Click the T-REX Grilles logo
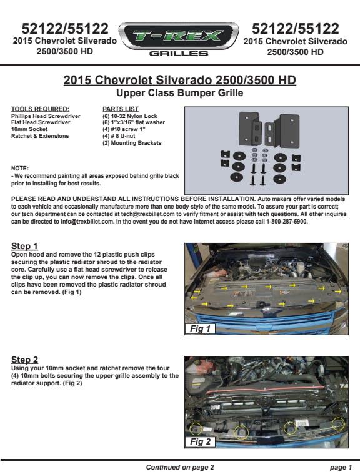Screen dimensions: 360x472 pyautogui.click(x=179, y=39)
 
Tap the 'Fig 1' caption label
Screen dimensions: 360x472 pyautogui.click(x=200, y=328)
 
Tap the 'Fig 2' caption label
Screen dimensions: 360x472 pyautogui.click(x=200, y=441)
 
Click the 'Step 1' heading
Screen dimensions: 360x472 pyautogui.click(x=24, y=246)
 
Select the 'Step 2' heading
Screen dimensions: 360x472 pyautogui.click(x=25, y=360)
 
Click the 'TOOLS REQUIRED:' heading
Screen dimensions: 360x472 pyautogui.click(x=40, y=109)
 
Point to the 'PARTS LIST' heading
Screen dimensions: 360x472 pyautogui.click(x=121, y=109)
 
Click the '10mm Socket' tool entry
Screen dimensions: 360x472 pyautogui.click(x=29, y=129)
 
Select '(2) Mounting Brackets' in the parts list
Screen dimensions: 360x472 pyautogui.click(x=132, y=143)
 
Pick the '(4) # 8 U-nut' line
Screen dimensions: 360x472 pyautogui.click(x=119, y=136)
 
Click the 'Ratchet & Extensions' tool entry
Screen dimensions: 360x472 pyautogui.click(x=40, y=136)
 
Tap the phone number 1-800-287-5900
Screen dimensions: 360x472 pyautogui.click(x=286, y=222)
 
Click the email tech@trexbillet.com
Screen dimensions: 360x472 pyautogui.click(x=148, y=214)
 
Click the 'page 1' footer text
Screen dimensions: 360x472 pyautogui.click(x=341, y=467)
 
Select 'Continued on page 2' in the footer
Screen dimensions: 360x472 pyautogui.click(x=180, y=467)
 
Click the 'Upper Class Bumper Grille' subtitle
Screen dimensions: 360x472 pyautogui.click(x=180, y=92)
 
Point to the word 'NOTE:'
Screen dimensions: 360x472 pyautogui.click(x=20, y=169)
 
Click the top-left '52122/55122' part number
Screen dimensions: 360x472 pyautogui.click(x=65, y=29)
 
